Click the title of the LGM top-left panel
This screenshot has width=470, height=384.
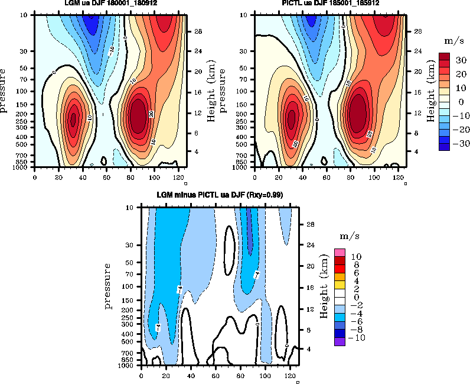coord(110,3)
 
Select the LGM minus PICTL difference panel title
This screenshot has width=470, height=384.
coord(220,195)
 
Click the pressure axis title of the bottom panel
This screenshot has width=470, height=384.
coord(109,286)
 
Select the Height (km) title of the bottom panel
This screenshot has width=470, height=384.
coord(324,287)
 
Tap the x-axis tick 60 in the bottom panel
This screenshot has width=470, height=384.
coord(216,375)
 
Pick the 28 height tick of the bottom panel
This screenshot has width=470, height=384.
coord(308,224)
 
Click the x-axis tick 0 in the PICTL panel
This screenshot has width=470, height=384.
coord(255,177)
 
